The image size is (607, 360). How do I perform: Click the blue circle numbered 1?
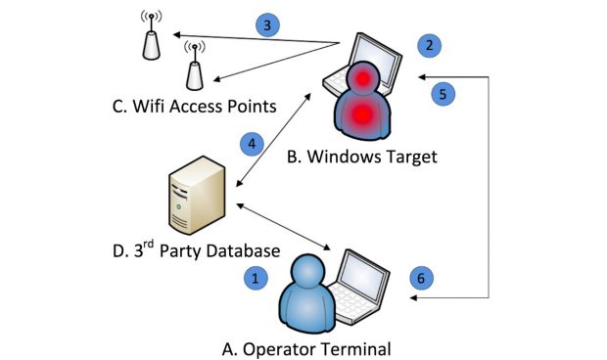tap(256, 278)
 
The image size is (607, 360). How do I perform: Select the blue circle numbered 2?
tap(426, 44)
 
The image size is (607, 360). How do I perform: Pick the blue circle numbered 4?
tap(252, 143)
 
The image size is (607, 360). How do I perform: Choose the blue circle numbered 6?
tap(420, 278)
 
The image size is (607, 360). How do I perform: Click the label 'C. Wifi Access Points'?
tap(196, 105)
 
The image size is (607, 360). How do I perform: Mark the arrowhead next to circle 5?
tap(419, 77)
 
